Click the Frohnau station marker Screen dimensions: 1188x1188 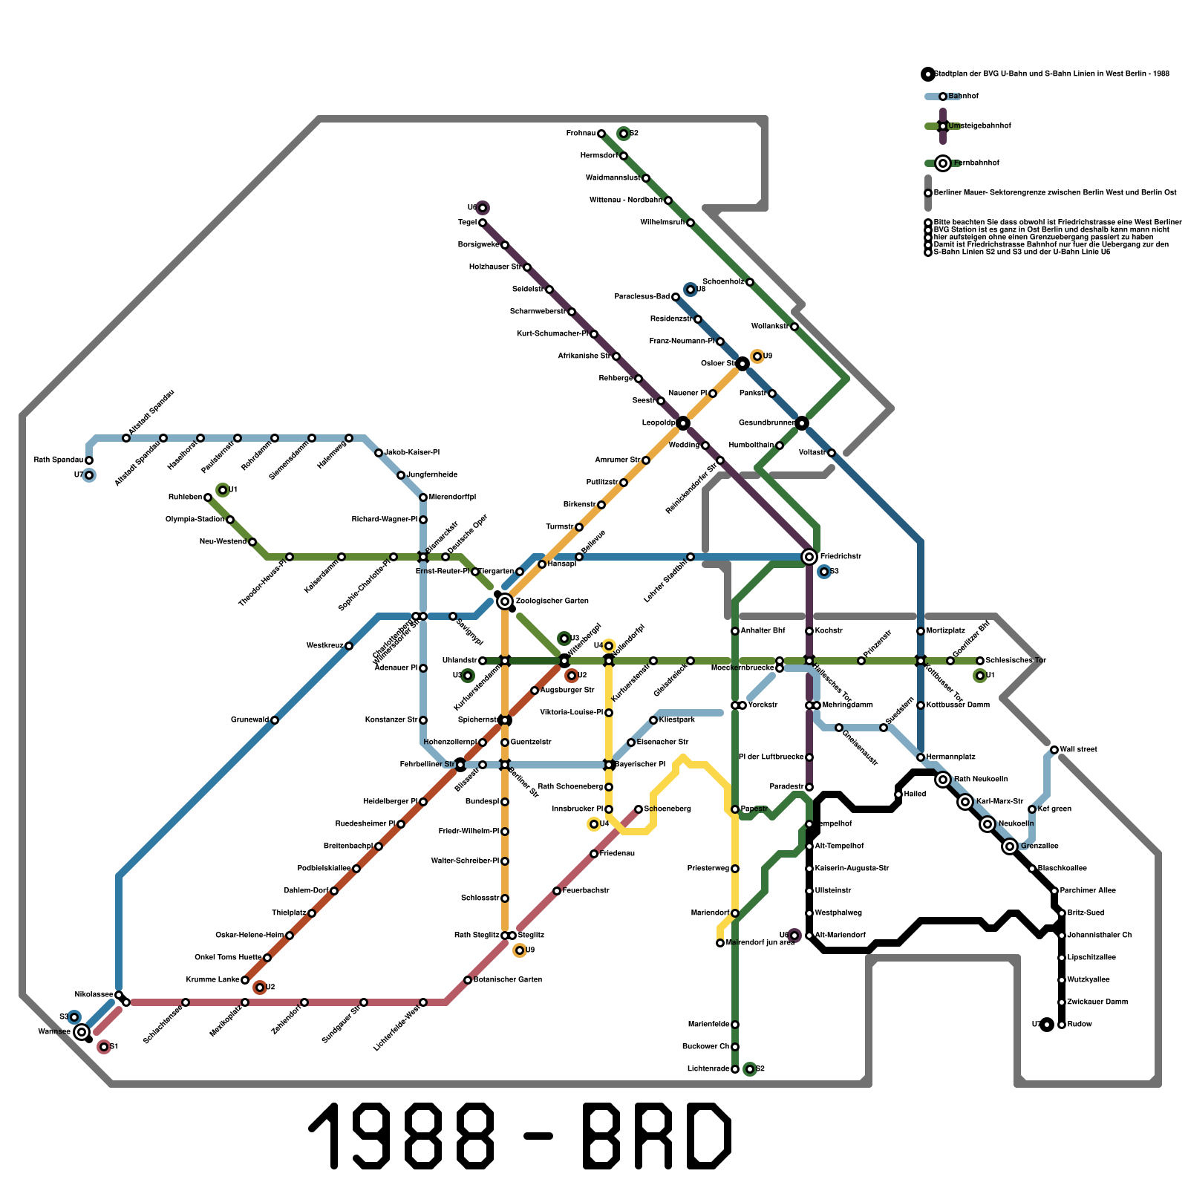601,134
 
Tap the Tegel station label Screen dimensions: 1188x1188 467,223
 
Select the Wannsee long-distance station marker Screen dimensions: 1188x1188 82,1031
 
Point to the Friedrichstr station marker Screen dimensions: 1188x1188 809,557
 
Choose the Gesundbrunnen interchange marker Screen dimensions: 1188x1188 802,423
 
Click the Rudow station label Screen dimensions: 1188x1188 1080,1025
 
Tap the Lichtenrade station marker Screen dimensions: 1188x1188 735,1069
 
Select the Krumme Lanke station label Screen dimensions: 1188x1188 212,980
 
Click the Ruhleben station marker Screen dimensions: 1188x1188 208,497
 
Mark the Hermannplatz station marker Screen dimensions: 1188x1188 921,757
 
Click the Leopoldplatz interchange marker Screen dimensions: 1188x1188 683,423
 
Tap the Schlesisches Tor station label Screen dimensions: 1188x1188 1015,661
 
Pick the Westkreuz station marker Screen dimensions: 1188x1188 349,646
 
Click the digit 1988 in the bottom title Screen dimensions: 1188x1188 402,1136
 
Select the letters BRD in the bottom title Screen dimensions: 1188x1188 657,1136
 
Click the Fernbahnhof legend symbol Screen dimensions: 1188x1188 943,163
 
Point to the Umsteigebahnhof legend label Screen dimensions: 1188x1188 979,126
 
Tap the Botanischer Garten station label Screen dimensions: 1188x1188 508,980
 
